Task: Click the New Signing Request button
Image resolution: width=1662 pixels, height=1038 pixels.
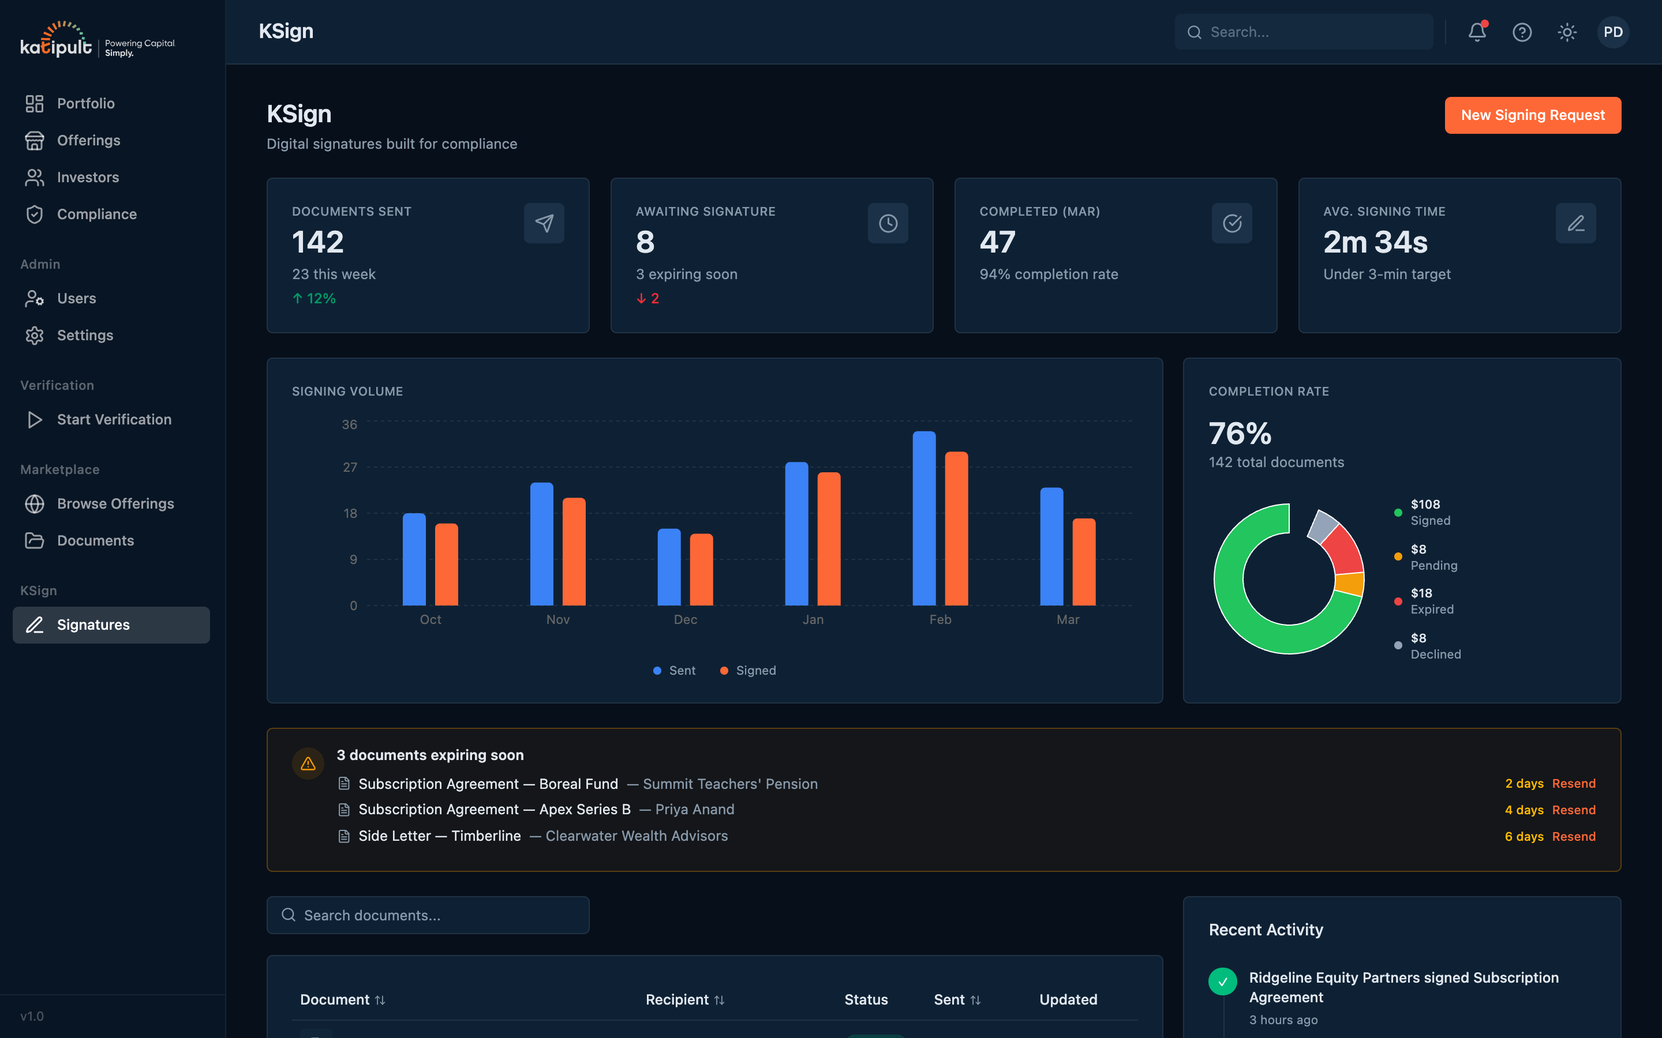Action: click(1532, 115)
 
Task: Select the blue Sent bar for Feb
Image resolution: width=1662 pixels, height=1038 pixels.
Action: click(924, 518)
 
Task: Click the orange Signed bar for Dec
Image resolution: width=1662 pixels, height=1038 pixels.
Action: click(701, 570)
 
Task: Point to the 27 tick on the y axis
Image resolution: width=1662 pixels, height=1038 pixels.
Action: click(350, 468)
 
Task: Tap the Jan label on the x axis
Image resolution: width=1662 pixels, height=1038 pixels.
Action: click(813, 619)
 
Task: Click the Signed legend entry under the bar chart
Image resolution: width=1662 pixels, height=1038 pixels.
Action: click(748, 670)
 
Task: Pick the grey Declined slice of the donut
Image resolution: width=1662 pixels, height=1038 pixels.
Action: click(1322, 526)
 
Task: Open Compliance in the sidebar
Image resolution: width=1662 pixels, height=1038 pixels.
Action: click(97, 214)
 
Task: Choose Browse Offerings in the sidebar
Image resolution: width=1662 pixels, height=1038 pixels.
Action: click(115, 503)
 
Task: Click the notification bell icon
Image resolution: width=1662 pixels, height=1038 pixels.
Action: click(1477, 32)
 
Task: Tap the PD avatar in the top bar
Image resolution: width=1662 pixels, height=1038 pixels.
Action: click(1612, 32)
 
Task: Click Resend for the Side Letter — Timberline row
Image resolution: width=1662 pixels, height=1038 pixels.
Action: click(1573, 836)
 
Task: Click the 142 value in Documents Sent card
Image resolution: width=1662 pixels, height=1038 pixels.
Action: click(317, 242)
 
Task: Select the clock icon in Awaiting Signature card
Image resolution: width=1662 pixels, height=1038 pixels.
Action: click(888, 223)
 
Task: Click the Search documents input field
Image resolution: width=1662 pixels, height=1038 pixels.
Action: click(428, 915)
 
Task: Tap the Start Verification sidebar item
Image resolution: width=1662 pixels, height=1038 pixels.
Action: click(114, 419)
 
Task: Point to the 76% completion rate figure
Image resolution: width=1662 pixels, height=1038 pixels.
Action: click(1240, 433)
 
